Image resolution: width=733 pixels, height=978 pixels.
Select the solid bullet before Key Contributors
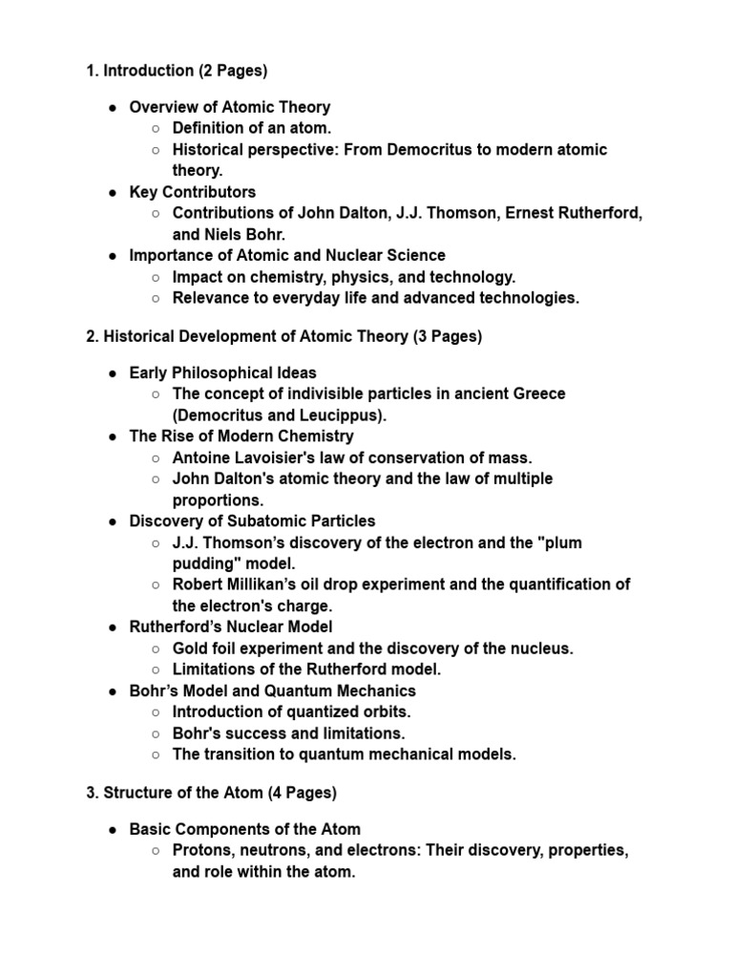pyautogui.click(x=113, y=192)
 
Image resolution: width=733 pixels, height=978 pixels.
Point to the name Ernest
pyautogui.click(x=533, y=213)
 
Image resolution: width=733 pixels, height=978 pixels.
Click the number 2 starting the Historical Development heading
pyautogui.click(x=90, y=336)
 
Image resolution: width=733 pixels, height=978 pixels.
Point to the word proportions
pyautogui.click(x=218, y=500)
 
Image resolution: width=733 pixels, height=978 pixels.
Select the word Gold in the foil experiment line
pyautogui.click(x=190, y=648)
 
